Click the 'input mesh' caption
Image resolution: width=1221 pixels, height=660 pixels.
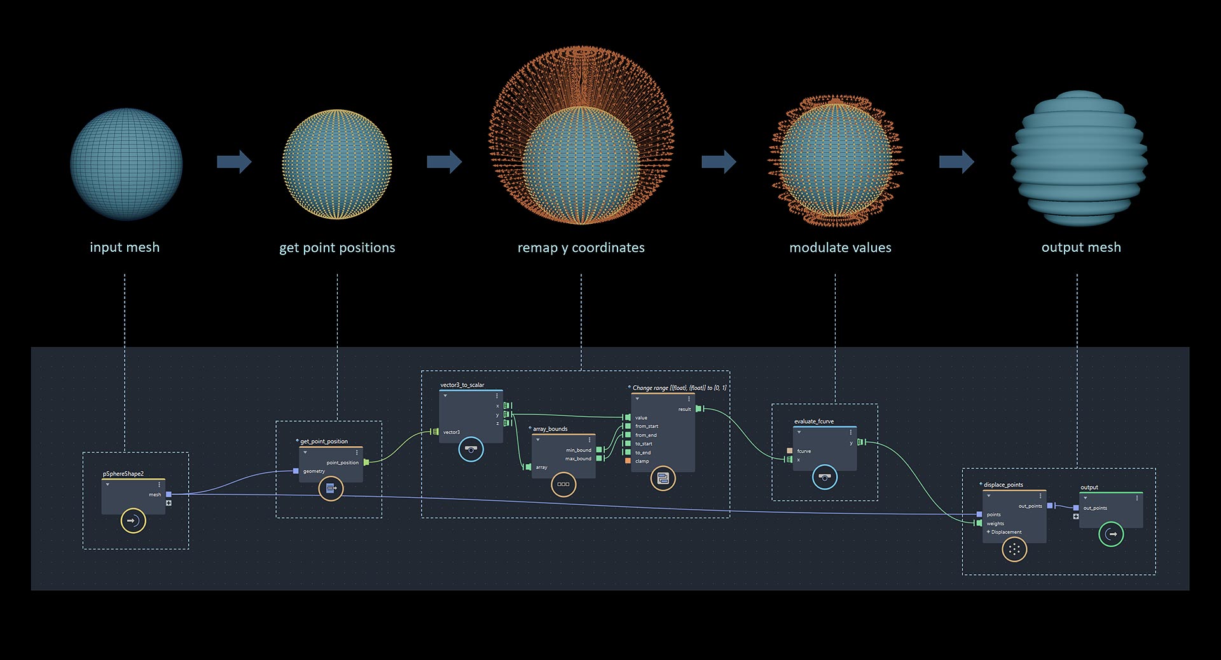click(x=125, y=247)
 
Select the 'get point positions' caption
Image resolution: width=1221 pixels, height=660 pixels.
click(x=337, y=248)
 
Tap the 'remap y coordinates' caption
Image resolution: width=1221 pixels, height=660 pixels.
click(x=581, y=248)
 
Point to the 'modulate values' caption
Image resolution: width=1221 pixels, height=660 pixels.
click(x=840, y=248)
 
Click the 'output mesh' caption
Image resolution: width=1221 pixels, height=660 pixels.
click(x=1081, y=247)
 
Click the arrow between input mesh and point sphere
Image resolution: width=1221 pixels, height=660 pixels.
click(x=234, y=162)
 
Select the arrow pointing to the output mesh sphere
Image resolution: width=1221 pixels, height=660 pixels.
click(x=956, y=162)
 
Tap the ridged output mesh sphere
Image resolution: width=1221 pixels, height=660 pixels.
click(x=1079, y=158)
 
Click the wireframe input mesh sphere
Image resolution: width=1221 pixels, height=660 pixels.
click(x=127, y=164)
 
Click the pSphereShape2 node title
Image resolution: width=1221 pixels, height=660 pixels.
click(x=123, y=474)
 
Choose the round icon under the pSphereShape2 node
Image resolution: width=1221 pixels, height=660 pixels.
click(x=134, y=521)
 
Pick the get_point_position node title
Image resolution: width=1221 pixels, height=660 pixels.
click(x=324, y=441)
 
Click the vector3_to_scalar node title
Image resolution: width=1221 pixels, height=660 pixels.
click(x=462, y=385)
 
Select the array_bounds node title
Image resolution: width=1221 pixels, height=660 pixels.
click(x=550, y=429)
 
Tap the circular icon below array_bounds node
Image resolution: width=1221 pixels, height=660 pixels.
click(x=563, y=485)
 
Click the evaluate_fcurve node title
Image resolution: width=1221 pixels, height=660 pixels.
click(x=814, y=422)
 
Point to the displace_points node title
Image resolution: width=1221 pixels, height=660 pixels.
click(x=1004, y=485)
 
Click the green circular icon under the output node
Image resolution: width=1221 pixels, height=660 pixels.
click(x=1112, y=534)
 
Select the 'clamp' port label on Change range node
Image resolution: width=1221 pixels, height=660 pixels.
click(x=642, y=461)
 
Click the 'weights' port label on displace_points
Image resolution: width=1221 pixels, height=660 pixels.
click(x=995, y=523)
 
